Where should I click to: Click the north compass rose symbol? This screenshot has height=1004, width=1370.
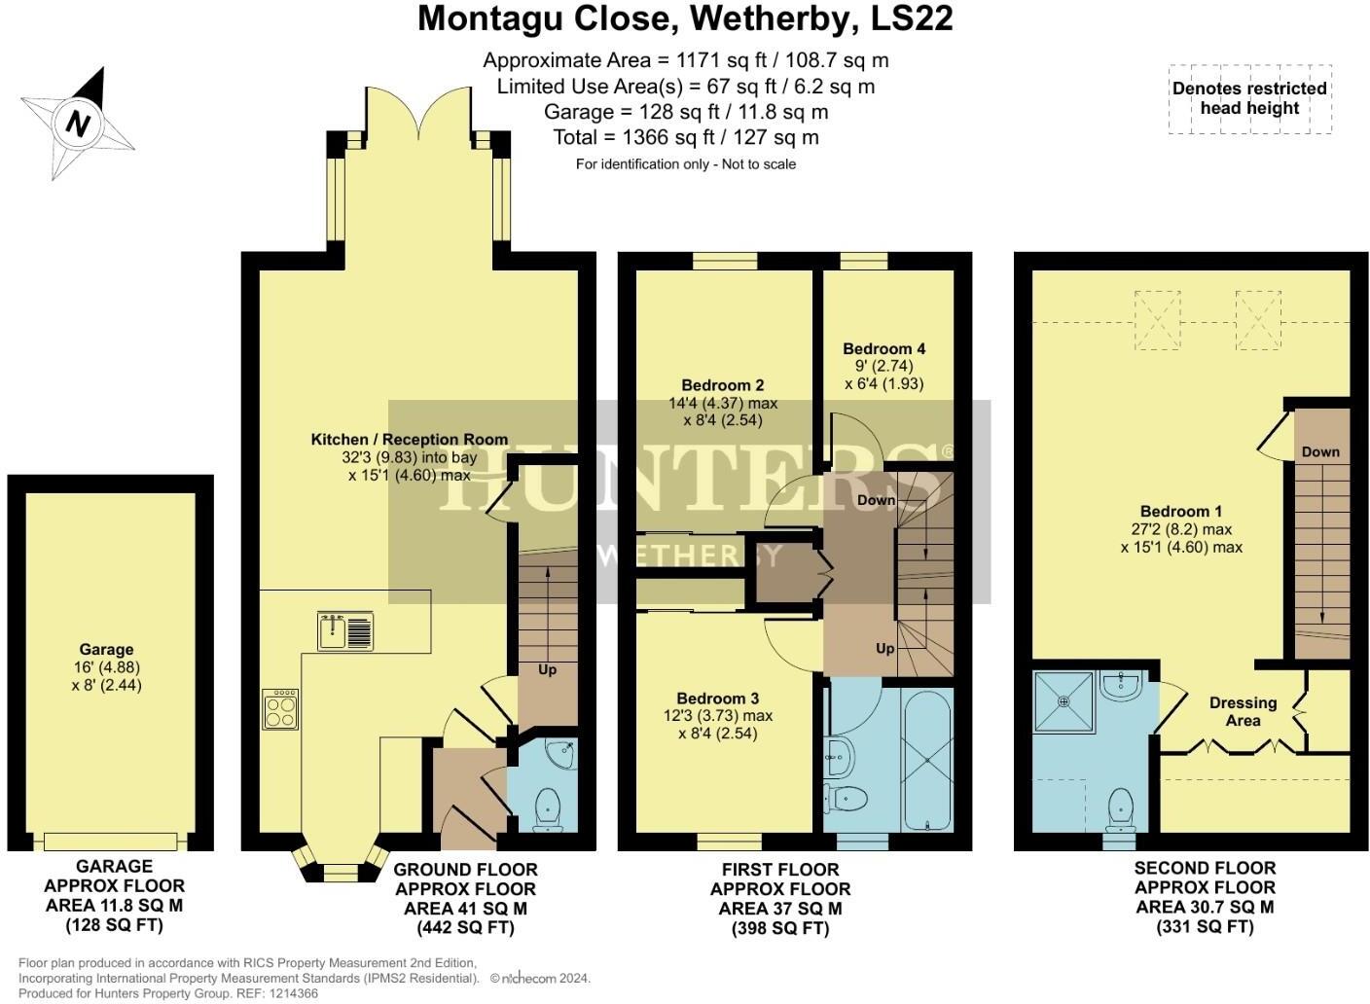tap(78, 125)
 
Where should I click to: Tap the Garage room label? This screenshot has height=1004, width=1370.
tap(106, 650)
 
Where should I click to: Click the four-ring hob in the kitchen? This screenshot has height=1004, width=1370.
tap(280, 709)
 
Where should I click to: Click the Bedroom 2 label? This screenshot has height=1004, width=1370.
tap(722, 385)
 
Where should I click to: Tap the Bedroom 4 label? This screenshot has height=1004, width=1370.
tap(883, 348)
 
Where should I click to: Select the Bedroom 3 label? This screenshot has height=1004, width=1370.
tap(717, 699)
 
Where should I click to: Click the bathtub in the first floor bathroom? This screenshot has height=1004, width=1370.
tap(926, 760)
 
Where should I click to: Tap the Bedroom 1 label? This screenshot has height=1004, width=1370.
tap(1180, 512)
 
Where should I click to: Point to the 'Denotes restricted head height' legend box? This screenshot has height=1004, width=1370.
tap(1249, 98)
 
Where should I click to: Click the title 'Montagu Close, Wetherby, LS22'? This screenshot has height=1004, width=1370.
tap(684, 18)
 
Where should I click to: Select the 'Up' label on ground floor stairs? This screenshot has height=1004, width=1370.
tap(547, 669)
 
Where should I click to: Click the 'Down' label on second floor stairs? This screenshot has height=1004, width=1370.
tap(1320, 451)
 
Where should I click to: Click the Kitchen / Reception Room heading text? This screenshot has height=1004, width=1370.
tap(409, 440)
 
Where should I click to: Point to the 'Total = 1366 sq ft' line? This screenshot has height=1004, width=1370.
tap(685, 137)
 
